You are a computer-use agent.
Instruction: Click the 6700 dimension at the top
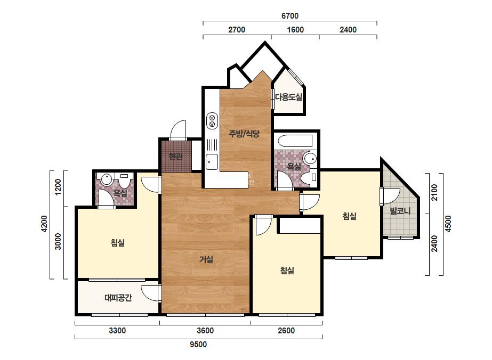pos(289,15)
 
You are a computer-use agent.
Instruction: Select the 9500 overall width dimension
pos(198,345)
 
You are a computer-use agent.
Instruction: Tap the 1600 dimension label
pos(295,30)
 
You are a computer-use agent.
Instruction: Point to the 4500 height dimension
pos(448,224)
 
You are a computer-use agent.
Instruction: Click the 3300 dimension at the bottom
pos(117,331)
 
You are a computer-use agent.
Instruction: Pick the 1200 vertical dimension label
pos(58,187)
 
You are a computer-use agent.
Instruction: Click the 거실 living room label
pos(206,259)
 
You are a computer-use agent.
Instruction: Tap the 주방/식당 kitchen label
pos(244,134)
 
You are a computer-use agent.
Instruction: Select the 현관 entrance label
pos(175,156)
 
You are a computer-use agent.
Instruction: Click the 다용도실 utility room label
pos(289,97)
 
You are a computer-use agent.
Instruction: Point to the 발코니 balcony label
pos(400,211)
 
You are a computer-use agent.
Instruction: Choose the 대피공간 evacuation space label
pos(118,298)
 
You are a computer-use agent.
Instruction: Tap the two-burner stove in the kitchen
pos(212,121)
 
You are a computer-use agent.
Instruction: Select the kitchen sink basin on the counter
pos(212,162)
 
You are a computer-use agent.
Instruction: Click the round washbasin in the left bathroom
pos(107,179)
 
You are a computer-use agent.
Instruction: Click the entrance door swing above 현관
pos(178,129)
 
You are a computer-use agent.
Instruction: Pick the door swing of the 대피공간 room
pos(150,294)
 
